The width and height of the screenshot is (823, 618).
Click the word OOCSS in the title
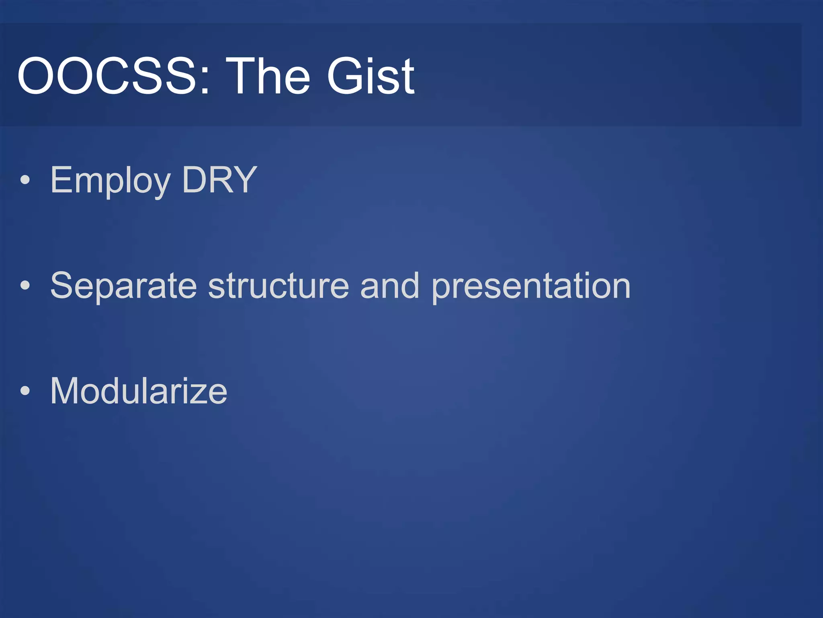[106, 76]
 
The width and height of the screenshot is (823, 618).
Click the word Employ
[110, 181]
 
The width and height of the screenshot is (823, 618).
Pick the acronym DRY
[219, 180]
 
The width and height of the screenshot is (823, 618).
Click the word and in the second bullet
[390, 286]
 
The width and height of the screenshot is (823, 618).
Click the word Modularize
[139, 391]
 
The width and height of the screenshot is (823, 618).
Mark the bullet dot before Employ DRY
[25, 180]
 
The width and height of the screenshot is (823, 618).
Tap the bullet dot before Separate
[25, 286]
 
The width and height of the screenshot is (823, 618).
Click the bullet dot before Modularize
[25, 391]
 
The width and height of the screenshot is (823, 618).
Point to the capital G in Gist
[346, 76]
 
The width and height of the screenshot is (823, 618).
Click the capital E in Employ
[60, 180]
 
